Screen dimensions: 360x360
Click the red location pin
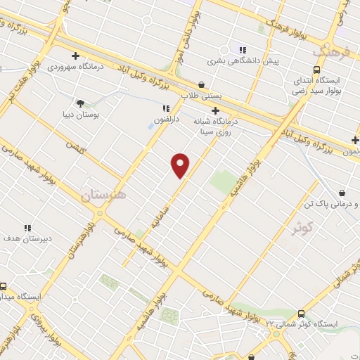[181, 165]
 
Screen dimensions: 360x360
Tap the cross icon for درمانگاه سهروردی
[75, 56]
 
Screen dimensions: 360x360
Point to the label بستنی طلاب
[201, 94]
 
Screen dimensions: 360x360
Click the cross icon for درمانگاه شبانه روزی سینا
[215, 110]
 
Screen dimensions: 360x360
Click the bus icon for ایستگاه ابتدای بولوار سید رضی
[317, 70]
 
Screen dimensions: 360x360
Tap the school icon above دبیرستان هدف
[27, 228]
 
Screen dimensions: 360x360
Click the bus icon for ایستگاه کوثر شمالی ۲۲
[301, 314]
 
